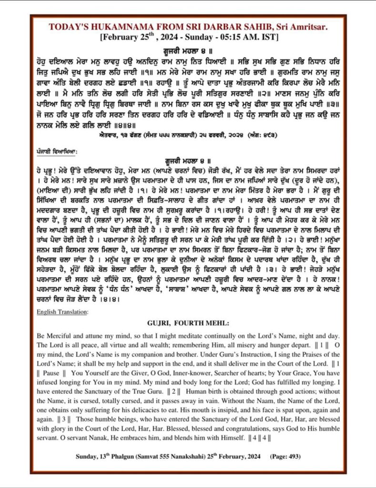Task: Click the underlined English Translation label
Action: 61,312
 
